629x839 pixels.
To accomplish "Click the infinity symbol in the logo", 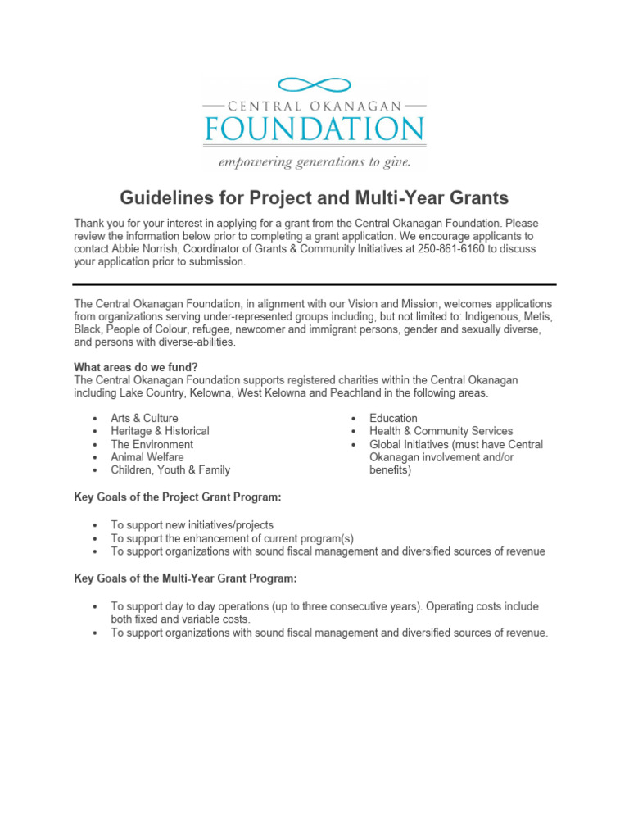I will [x=314, y=84].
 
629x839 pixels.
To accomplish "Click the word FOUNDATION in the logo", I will [x=314, y=129].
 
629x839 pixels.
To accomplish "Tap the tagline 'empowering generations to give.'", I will [x=314, y=161].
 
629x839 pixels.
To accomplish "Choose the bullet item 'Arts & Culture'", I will [x=144, y=418].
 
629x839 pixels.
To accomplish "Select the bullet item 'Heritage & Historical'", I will [x=160, y=431].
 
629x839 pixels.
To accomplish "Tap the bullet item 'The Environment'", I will [x=152, y=444].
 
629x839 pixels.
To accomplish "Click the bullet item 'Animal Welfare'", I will [x=147, y=457].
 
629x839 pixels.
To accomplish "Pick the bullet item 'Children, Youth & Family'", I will [x=170, y=470].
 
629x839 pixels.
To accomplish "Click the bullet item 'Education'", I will [x=393, y=418].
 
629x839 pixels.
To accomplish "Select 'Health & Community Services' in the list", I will [x=441, y=431].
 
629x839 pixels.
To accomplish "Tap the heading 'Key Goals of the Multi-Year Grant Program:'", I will [x=186, y=578].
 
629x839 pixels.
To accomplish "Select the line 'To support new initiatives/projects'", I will [x=192, y=525].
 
